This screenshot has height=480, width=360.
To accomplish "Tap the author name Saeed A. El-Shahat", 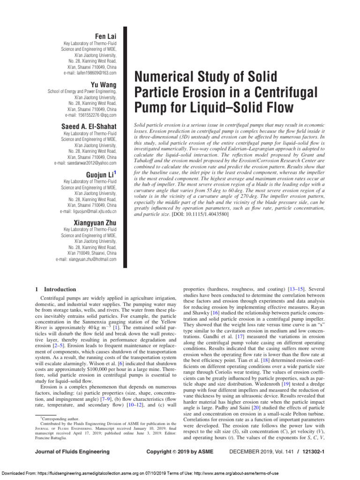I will tap(89, 127).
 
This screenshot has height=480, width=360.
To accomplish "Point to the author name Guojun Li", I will tap(99, 174).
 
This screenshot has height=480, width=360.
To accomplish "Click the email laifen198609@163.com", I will tap(90, 73).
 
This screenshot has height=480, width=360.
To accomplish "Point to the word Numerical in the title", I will tap(164, 76).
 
